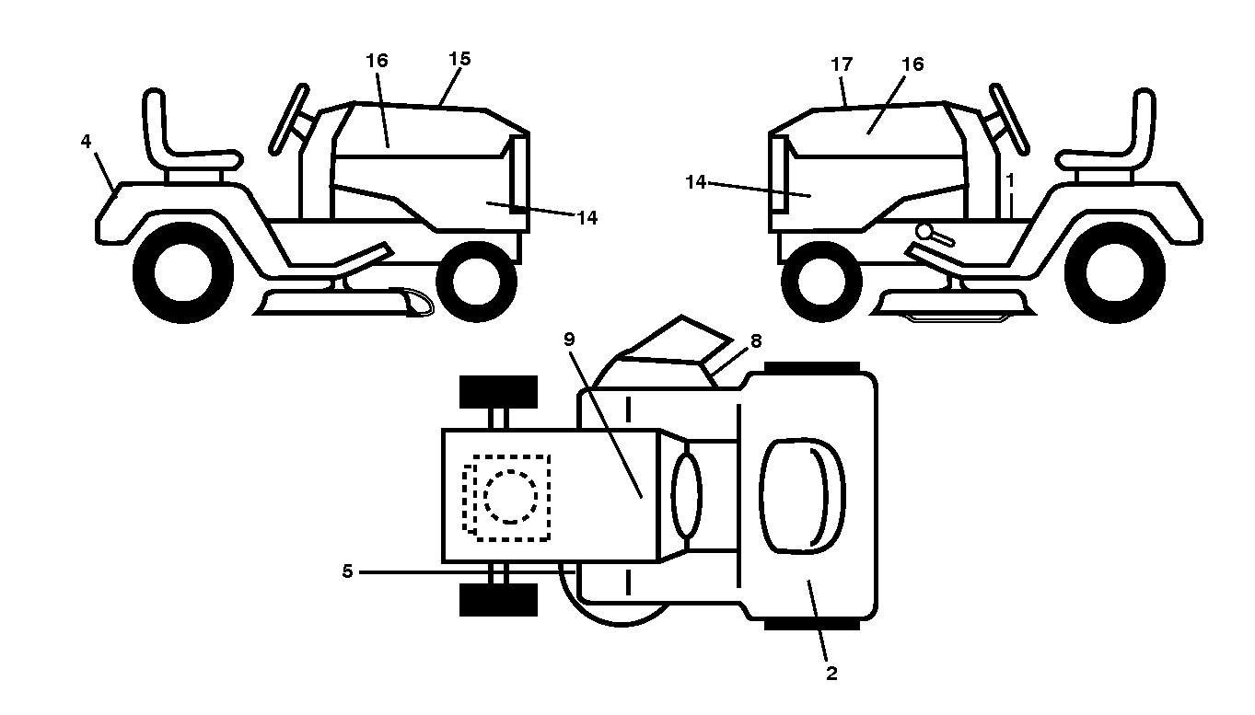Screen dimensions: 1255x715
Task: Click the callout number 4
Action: [86, 142]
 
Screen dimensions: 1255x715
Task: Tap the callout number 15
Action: [460, 59]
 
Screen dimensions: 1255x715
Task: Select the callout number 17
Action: [842, 65]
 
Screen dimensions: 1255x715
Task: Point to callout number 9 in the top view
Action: [569, 340]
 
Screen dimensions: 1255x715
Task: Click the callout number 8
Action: [756, 341]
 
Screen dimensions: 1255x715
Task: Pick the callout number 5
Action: [347, 571]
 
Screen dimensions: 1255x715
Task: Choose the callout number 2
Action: [832, 673]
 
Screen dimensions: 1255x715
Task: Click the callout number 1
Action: [1010, 180]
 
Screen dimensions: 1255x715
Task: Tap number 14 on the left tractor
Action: [587, 218]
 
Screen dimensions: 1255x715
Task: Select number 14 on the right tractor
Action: [696, 182]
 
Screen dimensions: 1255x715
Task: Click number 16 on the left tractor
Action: [378, 61]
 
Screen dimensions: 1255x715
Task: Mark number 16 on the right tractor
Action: [912, 64]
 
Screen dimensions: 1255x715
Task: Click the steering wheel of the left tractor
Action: [288, 120]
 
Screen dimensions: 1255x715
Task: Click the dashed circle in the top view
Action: [510, 497]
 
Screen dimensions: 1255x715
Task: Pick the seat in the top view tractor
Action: [802, 497]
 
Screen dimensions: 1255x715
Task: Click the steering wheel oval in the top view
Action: [686, 496]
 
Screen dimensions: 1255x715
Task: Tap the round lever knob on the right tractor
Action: [924, 231]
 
